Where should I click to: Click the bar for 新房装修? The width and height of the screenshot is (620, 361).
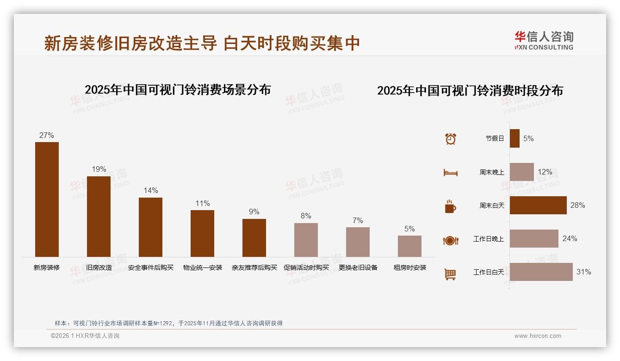[x=47, y=199]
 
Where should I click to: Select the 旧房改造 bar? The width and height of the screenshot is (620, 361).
[x=99, y=216]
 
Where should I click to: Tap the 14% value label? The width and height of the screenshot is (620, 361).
[x=151, y=190]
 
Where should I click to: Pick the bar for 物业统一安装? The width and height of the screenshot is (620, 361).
[x=202, y=233]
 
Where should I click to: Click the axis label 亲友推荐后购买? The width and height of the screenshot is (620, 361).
[x=254, y=268]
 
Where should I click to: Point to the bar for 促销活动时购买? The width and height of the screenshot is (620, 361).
[x=306, y=240]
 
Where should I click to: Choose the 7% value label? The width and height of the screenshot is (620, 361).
[x=358, y=220]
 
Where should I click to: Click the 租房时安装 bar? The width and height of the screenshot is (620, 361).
[x=409, y=246]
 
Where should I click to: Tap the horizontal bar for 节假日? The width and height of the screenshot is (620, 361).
[x=515, y=138]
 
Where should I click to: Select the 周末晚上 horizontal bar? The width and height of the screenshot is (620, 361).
[x=521, y=172]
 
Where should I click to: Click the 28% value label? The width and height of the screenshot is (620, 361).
[x=577, y=205]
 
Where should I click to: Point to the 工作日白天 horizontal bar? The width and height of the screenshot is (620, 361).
[x=541, y=272]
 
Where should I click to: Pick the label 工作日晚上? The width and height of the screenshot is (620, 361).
[x=488, y=239]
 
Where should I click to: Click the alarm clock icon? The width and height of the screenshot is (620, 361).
[x=450, y=138]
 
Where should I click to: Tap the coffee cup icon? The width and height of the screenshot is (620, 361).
[x=450, y=206]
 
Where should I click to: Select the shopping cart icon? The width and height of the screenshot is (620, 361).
[x=450, y=274]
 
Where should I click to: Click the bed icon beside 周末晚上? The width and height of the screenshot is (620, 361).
[x=450, y=173]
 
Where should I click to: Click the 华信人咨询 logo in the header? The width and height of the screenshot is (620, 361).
[x=544, y=40]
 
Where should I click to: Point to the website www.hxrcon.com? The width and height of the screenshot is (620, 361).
[x=538, y=336]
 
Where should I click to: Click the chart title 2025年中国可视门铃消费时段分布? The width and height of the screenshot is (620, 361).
[x=470, y=90]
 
